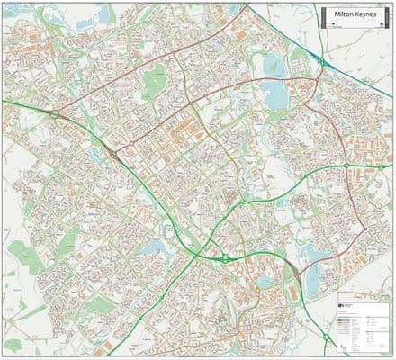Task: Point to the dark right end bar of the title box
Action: pos(390,16)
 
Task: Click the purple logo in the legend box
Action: pos(344,306)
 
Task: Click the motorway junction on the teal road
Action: pos(320,61)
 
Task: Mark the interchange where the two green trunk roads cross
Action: pos(221,257)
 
